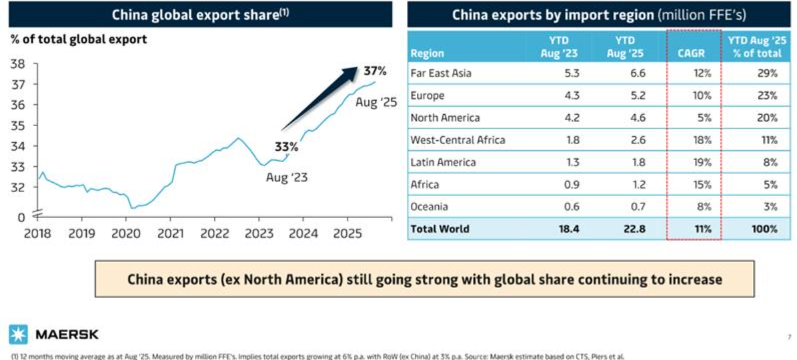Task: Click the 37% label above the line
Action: (375, 71)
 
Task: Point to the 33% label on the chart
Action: (285, 147)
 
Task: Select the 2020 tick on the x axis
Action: (126, 235)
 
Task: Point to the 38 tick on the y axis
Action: (19, 65)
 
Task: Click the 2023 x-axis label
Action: (259, 235)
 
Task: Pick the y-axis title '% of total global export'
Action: (78, 39)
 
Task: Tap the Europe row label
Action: (428, 95)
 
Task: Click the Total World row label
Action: (440, 229)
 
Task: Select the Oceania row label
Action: (430, 207)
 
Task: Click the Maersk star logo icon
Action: (18, 333)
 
